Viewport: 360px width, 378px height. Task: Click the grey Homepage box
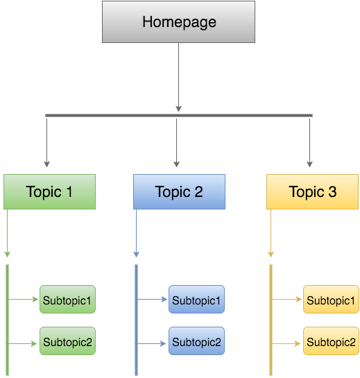pos(179,22)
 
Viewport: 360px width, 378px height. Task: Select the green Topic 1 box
pos(49,191)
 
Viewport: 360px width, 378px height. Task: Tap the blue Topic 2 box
pos(179,191)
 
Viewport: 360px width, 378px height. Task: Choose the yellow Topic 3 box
pos(312,191)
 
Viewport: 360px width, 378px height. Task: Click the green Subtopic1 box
pos(67,300)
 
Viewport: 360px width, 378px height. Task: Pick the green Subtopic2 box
pos(67,341)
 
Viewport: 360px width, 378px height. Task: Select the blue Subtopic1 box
pos(196,300)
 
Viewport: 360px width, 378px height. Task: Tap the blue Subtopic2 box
pos(196,341)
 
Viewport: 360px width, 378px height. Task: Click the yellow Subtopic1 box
pos(331,300)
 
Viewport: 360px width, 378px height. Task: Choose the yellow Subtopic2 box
pos(331,341)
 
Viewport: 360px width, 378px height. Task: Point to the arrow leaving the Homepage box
pos(179,76)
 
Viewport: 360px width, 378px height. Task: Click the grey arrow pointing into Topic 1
pos(46,142)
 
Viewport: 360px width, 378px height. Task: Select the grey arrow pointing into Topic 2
pos(176,142)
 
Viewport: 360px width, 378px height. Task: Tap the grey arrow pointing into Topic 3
pos(309,142)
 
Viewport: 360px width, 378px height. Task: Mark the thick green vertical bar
pos(7,319)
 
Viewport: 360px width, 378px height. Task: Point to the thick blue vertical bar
pos(136,319)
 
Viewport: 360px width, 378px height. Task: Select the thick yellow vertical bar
pos(271,319)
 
